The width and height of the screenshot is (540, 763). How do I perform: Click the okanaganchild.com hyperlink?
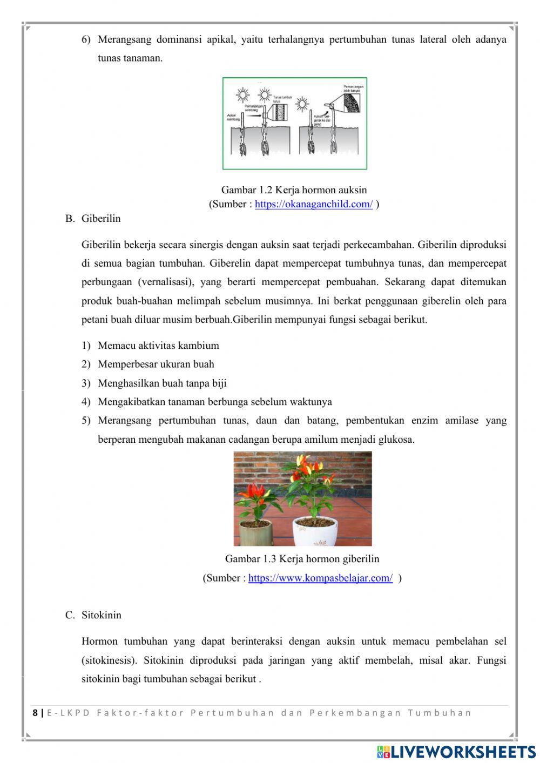tap(313, 204)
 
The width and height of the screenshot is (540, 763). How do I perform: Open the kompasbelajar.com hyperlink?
tap(320, 578)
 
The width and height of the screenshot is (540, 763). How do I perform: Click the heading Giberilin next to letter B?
tap(101, 219)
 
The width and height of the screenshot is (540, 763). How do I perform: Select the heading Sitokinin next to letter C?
tap(102, 615)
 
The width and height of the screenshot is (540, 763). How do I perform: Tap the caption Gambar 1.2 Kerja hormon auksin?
tap(294, 190)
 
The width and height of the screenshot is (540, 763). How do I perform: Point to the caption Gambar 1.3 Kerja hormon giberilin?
tap(302, 559)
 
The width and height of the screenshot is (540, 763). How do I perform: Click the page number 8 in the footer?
tap(36, 713)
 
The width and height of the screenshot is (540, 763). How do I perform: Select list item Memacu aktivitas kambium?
tap(158, 346)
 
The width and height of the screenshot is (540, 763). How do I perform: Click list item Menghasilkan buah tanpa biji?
tap(162, 383)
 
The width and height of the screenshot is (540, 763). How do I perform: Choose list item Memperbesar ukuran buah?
tap(156, 364)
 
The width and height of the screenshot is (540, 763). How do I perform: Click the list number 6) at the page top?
tap(86, 39)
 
